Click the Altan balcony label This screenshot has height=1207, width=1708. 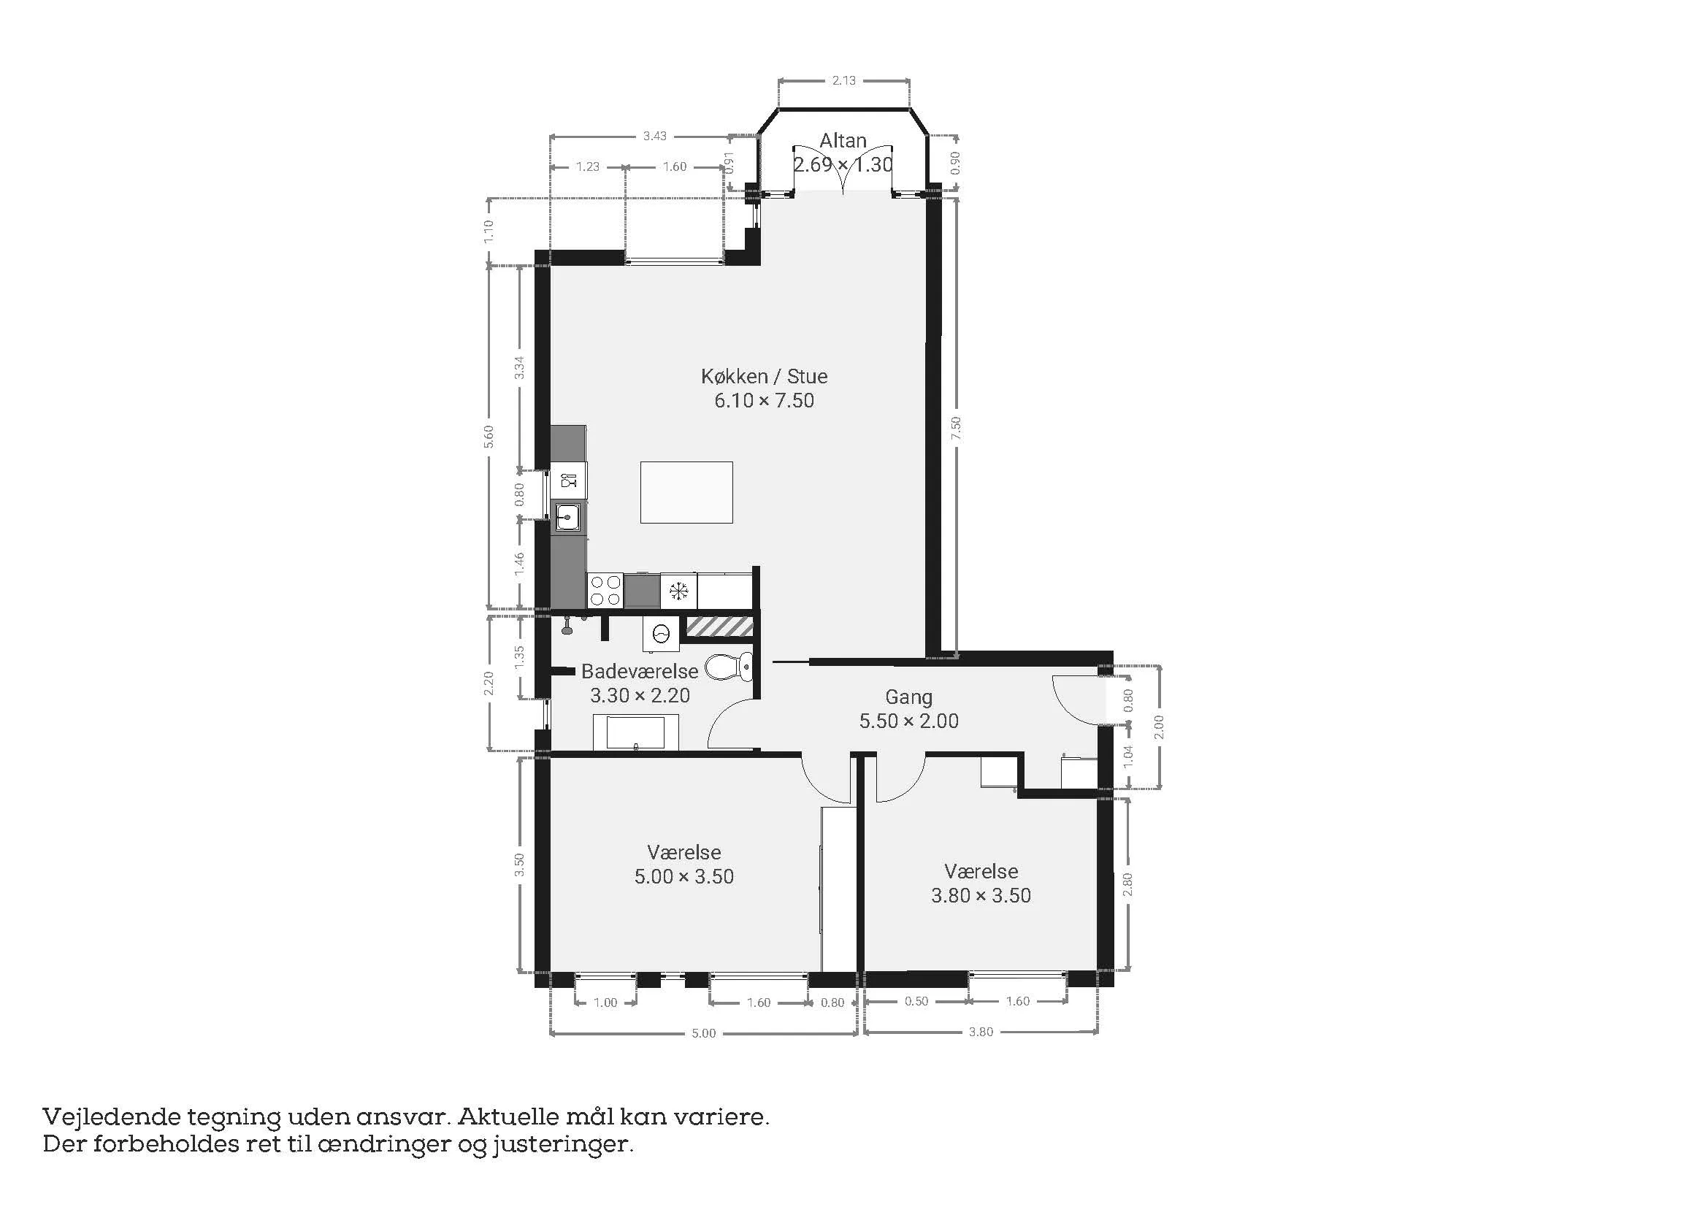pyautogui.click(x=843, y=140)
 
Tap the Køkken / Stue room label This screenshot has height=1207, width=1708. pyautogui.click(x=764, y=376)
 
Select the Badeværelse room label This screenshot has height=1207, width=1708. pyautogui.click(x=640, y=672)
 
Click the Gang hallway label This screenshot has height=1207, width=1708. pyautogui.click(x=908, y=697)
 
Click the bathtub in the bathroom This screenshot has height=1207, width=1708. pyautogui.click(x=635, y=732)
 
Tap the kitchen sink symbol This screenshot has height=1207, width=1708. pyautogui.click(x=568, y=516)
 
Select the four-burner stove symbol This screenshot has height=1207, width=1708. pyautogui.click(x=605, y=591)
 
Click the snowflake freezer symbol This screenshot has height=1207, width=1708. pyautogui.click(x=678, y=591)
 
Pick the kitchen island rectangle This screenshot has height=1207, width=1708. pyautogui.click(x=686, y=492)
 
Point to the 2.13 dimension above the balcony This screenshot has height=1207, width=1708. pyautogui.click(x=843, y=80)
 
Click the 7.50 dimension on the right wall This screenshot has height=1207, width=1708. pyautogui.click(x=956, y=428)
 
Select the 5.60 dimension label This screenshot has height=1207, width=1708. pyautogui.click(x=489, y=437)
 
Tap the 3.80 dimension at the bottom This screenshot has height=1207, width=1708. pyautogui.click(x=981, y=1032)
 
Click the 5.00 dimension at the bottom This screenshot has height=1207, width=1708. pyautogui.click(x=704, y=1033)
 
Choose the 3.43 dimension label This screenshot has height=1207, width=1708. pyautogui.click(x=654, y=136)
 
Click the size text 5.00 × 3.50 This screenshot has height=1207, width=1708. pyautogui.click(x=683, y=877)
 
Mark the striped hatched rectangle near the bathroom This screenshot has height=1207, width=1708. pyautogui.click(x=719, y=627)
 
